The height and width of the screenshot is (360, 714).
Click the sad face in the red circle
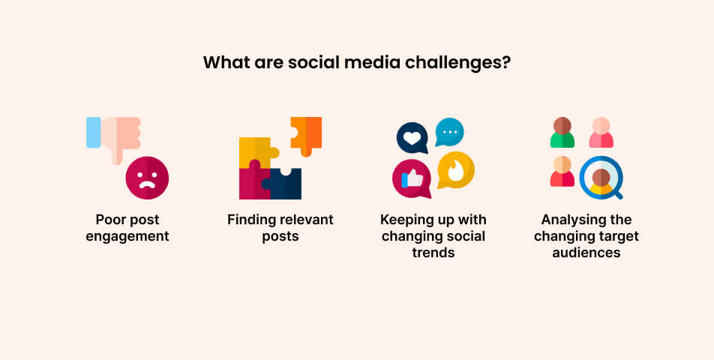[x=147, y=178]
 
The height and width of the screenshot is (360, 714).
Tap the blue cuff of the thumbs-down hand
[x=93, y=132]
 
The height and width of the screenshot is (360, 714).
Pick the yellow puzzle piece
[x=253, y=151]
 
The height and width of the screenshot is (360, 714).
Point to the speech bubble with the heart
[x=412, y=138]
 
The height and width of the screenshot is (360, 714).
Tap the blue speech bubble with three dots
[x=449, y=132]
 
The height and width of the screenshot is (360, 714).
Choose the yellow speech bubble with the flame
[x=455, y=169]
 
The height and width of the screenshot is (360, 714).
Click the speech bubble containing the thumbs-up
[x=412, y=179]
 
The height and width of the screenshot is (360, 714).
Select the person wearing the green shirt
[x=562, y=133]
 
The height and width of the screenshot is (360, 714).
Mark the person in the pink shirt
[x=601, y=133]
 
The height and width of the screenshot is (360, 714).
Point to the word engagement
[x=132, y=237]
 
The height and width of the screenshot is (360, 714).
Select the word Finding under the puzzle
[x=250, y=220]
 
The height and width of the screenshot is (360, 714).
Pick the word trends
[x=433, y=253]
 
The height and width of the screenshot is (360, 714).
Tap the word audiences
[x=586, y=253]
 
